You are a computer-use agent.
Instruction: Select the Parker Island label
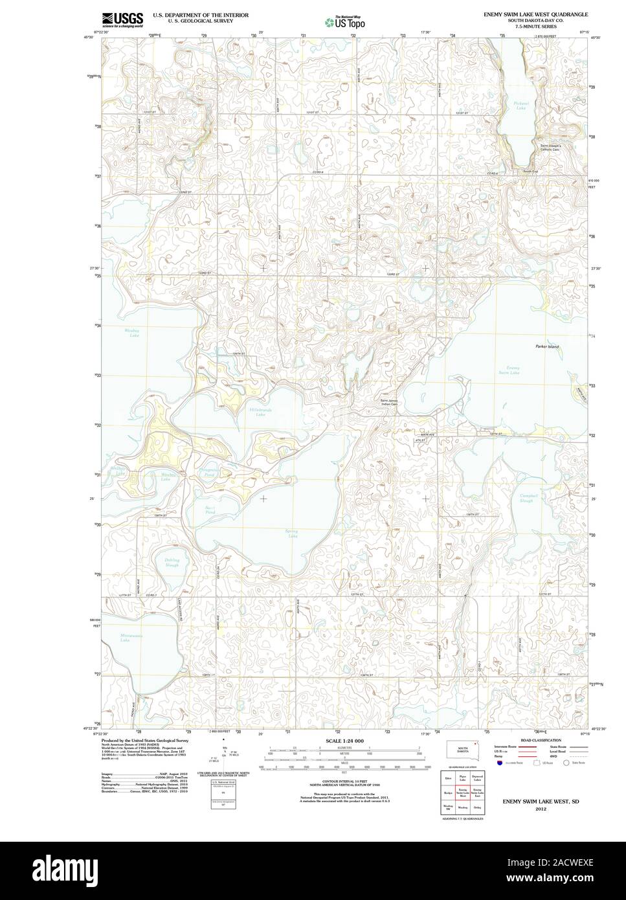[546, 346]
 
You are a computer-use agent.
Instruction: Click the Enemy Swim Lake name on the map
[513, 370]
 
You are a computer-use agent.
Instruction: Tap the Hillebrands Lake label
[259, 412]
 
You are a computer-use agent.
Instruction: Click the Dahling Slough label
[172, 563]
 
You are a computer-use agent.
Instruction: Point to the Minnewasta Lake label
[130, 637]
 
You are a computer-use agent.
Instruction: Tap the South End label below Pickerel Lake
[531, 171]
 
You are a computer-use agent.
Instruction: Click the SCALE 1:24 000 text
[344, 741]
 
